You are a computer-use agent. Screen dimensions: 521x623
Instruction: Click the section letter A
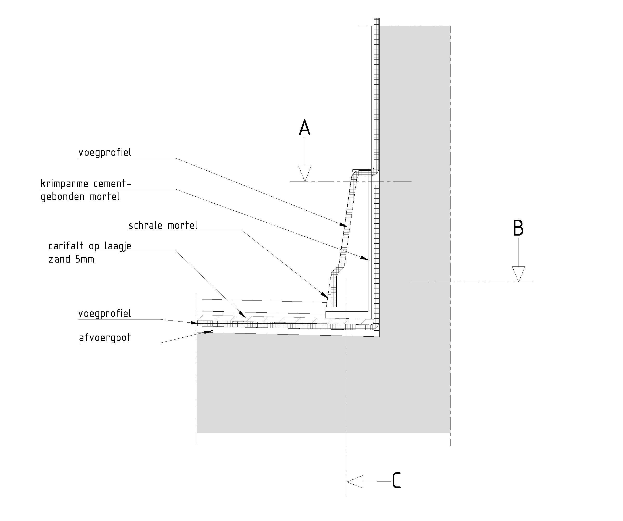[x=305, y=128]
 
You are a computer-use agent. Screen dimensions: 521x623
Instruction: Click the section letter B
[x=518, y=228]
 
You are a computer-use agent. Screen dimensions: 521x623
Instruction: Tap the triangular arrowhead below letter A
[x=305, y=173]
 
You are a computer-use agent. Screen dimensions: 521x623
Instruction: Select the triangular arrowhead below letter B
[x=518, y=274]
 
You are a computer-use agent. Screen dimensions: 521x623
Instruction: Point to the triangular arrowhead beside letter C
[x=355, y=482]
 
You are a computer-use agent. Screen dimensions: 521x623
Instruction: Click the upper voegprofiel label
[x=105, y=153]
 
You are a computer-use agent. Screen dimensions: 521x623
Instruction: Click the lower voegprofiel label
[x=105, y=314]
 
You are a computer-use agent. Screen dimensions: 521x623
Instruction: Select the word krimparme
[x=64, y=184]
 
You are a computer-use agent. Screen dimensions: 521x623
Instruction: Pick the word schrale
[x=145, y=226]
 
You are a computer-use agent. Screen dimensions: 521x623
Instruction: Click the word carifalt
[x=67, y=246]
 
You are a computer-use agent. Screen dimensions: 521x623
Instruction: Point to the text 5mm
[x=84, y=259]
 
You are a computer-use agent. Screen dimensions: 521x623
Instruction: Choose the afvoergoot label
[x=105, y=338]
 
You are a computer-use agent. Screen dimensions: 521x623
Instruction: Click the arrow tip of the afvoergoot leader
[x=213, y=331]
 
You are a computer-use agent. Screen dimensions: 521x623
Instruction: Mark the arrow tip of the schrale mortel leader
[x=327, y=298]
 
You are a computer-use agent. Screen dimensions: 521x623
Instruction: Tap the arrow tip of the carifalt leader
[x=245, y=318]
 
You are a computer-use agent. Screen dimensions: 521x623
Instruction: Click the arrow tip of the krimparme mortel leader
[x=368, y=260]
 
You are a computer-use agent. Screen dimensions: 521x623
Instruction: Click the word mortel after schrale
[x=182, y=226]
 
